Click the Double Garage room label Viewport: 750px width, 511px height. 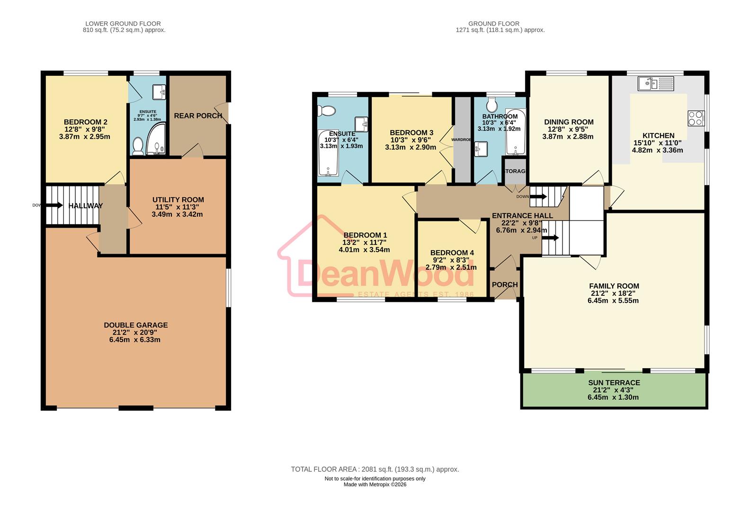136,325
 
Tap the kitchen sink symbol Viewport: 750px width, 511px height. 655,83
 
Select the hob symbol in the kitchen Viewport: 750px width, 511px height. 696,118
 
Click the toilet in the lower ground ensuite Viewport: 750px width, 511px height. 138,146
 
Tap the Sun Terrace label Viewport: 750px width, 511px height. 614,383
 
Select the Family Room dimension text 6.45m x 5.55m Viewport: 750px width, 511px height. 614,300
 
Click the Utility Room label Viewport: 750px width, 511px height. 178,200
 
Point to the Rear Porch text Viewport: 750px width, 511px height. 198,116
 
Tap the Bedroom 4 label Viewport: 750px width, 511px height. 452,253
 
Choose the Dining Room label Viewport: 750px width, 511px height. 569,122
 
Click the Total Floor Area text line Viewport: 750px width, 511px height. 375,469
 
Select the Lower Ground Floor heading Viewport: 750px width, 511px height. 123,23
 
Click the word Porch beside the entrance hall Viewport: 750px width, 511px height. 505,285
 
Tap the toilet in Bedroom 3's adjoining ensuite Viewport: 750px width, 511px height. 327,111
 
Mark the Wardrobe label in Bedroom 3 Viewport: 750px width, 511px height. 462,140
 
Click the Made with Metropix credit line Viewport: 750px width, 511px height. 375,485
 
